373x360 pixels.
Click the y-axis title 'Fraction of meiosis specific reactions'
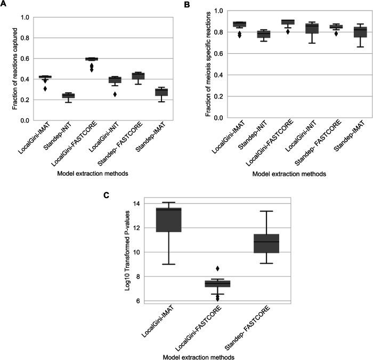pos(193,64)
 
